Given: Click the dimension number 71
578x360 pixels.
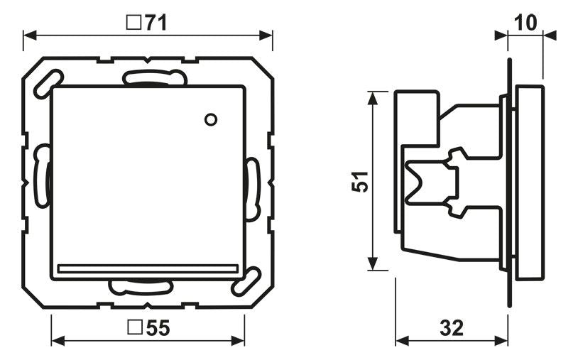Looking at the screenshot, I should pos(156,23).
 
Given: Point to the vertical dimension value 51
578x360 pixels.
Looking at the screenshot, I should pos(361,182).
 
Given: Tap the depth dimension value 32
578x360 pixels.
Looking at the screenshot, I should pos(451,327).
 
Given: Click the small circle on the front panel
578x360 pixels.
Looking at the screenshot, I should pos(209,119).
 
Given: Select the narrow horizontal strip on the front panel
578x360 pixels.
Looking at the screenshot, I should pos(148,268).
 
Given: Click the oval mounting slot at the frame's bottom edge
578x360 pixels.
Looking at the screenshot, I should pos(141,287).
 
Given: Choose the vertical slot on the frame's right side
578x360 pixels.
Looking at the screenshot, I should pos(251,189).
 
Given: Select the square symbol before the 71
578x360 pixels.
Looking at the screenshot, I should pos(132,23).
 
